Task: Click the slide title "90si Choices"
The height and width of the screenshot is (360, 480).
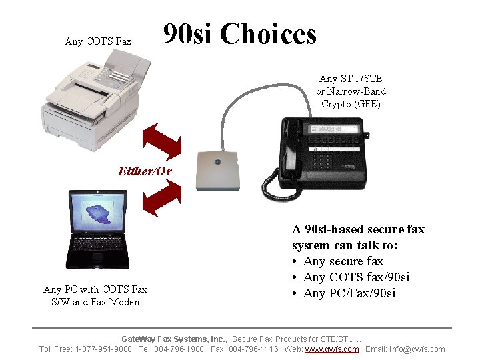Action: [x=240, y=34]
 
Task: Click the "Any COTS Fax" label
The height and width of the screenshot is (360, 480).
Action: [x=98, y=41]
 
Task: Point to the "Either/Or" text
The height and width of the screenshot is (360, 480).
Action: [x=145, y=171]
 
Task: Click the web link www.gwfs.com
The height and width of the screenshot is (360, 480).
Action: [x=331, y=349]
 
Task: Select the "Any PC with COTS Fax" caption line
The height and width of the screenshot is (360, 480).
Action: [x=95, y=289]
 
